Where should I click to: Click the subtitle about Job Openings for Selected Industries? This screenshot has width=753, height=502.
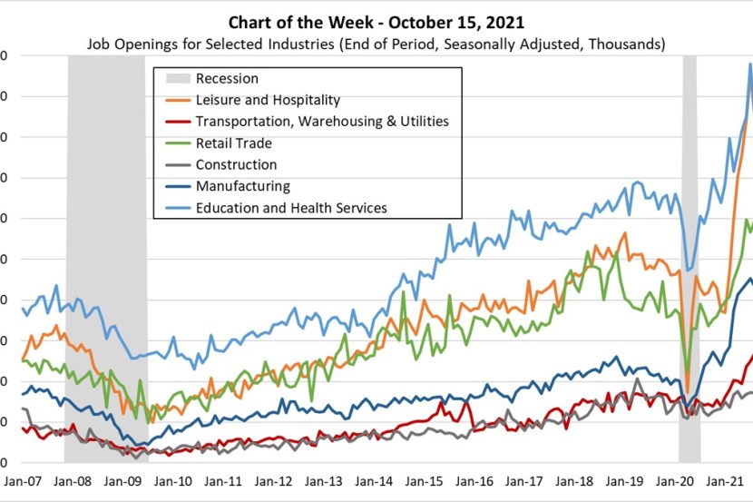[376, 44]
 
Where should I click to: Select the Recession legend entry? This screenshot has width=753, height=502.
[227, 79]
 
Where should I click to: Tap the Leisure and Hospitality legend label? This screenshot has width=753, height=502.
[268, 100]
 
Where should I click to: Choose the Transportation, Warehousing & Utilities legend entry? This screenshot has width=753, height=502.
[322, 121]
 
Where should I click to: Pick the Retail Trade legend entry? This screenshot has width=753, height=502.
[233, 143]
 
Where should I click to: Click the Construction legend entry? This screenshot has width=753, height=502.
[236, 164]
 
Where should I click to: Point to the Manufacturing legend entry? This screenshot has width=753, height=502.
[242, 186]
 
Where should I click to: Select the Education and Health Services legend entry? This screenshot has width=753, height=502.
[291, 208]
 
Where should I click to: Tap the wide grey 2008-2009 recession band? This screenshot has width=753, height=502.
[107, 272]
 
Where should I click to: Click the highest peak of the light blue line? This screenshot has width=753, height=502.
[750, 64]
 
